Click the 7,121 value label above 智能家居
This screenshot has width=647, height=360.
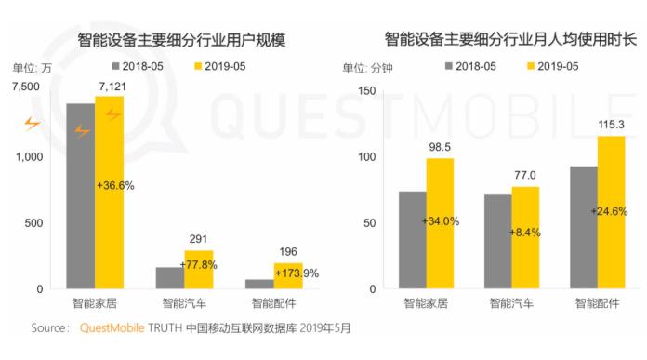[109, 87]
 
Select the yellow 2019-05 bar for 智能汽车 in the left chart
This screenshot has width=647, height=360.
[198, 270]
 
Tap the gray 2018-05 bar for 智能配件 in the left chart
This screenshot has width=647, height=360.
[258, 284]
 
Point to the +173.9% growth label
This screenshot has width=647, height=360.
[297, 273]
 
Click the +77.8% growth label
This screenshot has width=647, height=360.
[198, 264]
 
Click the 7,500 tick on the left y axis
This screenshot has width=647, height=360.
[25, 87]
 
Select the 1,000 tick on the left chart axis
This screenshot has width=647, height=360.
[28, 157]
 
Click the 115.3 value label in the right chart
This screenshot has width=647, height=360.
[611, 124]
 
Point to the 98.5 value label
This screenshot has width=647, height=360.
[439, 147]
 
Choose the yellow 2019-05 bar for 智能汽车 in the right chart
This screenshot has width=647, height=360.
[525, 237]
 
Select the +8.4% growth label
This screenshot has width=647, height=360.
[525, 231]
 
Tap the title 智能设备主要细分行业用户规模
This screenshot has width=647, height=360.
[174, 39]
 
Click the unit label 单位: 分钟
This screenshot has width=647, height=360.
[367, 68]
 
